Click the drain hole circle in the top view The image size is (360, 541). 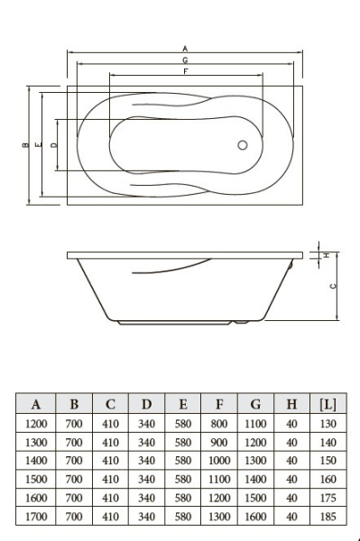pos(243,145)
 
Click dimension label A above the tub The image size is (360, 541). pos(185,49)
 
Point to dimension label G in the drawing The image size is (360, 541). pos(185,60)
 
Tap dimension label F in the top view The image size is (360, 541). pos(186,71)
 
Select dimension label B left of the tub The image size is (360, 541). pos(25,145)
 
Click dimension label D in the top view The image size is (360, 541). pos(53,145)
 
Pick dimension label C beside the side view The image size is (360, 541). pos(333,286)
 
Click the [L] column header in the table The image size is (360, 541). pos(328,404)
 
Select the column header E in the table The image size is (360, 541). pos(183,404)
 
